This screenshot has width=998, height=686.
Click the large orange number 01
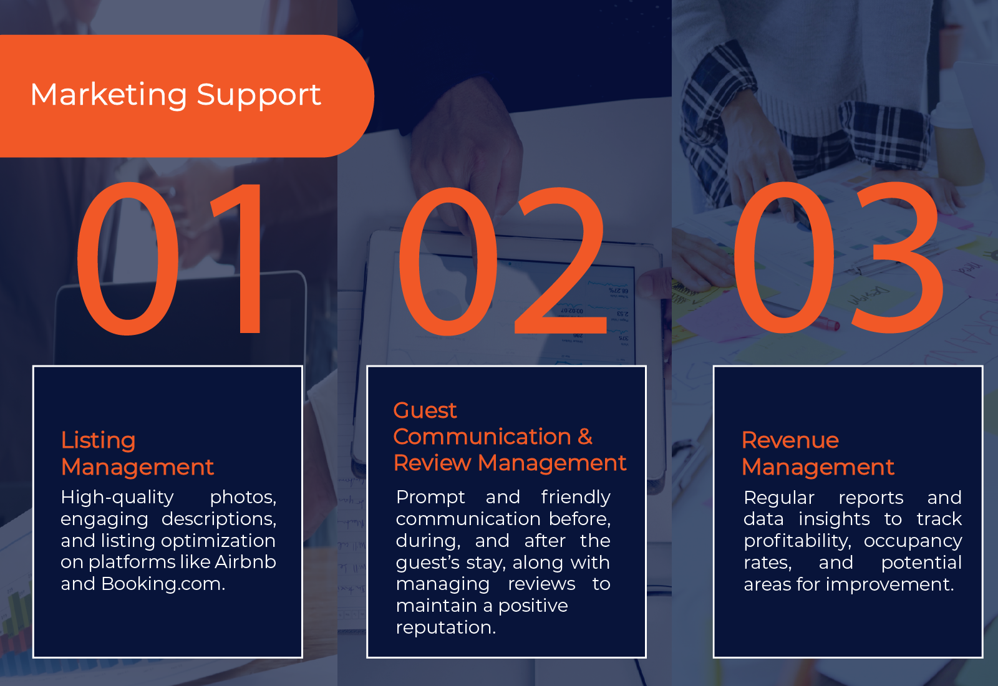tap(169, 258)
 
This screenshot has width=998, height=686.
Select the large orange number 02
tap(502, 261)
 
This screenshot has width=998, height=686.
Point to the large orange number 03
tap(838, 258)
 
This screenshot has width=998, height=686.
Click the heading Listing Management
tap(137, 453)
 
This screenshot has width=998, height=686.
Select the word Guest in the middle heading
tap(425, 410)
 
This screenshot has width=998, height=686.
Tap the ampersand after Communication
tap(585, 437)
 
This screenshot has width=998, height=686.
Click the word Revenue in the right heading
tap(790, 440)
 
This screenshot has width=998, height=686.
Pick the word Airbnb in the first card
tap(246, 562)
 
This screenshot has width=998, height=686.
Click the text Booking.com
tap(163, 584)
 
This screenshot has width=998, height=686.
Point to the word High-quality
tap(117, 498)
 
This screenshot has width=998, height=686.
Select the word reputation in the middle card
tap(445, 628)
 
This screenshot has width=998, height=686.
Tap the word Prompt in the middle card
tap(430, 498)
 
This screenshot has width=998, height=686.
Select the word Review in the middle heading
tap(432, 463)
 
